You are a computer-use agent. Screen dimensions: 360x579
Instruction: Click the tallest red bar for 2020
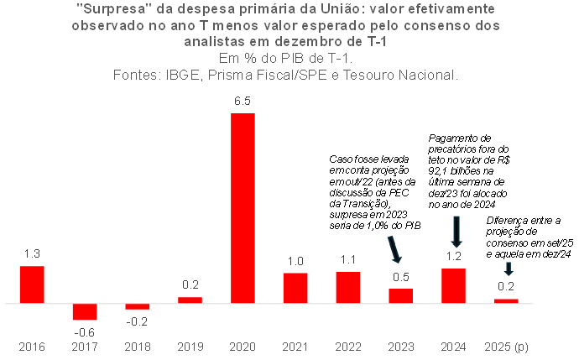(243, 207)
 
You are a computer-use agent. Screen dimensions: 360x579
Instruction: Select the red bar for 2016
(32, 284)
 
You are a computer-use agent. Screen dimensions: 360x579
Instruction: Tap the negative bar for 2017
(85, 311)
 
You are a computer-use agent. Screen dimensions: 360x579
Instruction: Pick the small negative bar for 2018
(138, 306)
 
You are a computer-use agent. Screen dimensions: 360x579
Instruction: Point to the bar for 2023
(401, 295)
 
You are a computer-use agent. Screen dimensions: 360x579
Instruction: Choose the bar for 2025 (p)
(506, 300)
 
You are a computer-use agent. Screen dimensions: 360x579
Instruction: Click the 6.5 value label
(243, 102)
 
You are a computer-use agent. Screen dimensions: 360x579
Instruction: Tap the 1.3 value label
(31, 254)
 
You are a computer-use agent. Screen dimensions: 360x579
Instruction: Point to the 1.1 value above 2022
(348, 260)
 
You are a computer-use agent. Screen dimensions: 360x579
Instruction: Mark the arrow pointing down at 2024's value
(456, 231)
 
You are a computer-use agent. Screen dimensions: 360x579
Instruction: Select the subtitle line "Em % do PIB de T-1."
(285, 59)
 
